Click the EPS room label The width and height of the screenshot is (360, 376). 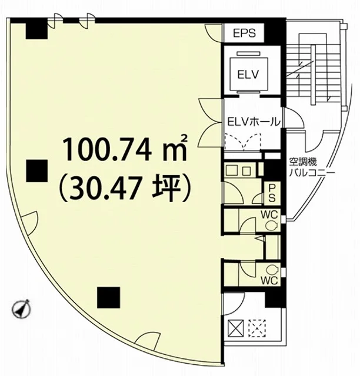[245, 33]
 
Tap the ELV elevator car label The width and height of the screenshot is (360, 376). [248, 75]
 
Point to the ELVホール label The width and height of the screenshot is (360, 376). [254, 122]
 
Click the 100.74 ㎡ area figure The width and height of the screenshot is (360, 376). [125, 148]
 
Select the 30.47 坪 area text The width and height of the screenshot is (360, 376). [125, 188]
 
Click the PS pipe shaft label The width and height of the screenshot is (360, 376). [272, 193]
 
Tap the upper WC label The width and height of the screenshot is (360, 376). [269, 214]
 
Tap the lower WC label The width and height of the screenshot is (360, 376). [269, 280]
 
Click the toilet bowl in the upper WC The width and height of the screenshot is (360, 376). [272, 226]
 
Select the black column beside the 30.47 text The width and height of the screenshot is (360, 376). [36, 171]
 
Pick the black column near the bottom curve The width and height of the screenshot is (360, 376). [108, 297]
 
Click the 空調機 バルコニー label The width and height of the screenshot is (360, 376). [308, 167]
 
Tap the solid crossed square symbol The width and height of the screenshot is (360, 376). [236, 328]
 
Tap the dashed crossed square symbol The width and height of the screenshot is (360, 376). [257, 328]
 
